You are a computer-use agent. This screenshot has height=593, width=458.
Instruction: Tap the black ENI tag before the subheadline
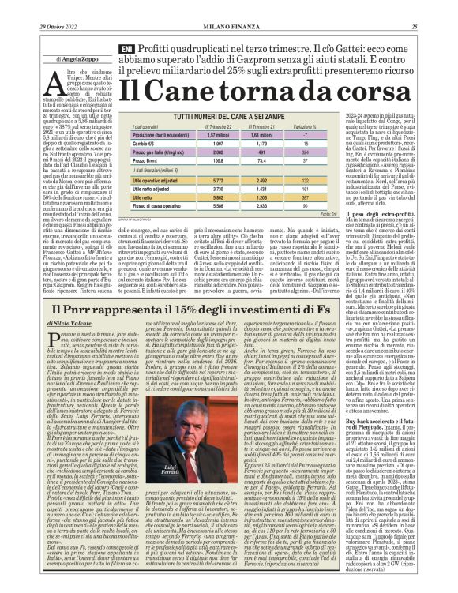tap(125, 49)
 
